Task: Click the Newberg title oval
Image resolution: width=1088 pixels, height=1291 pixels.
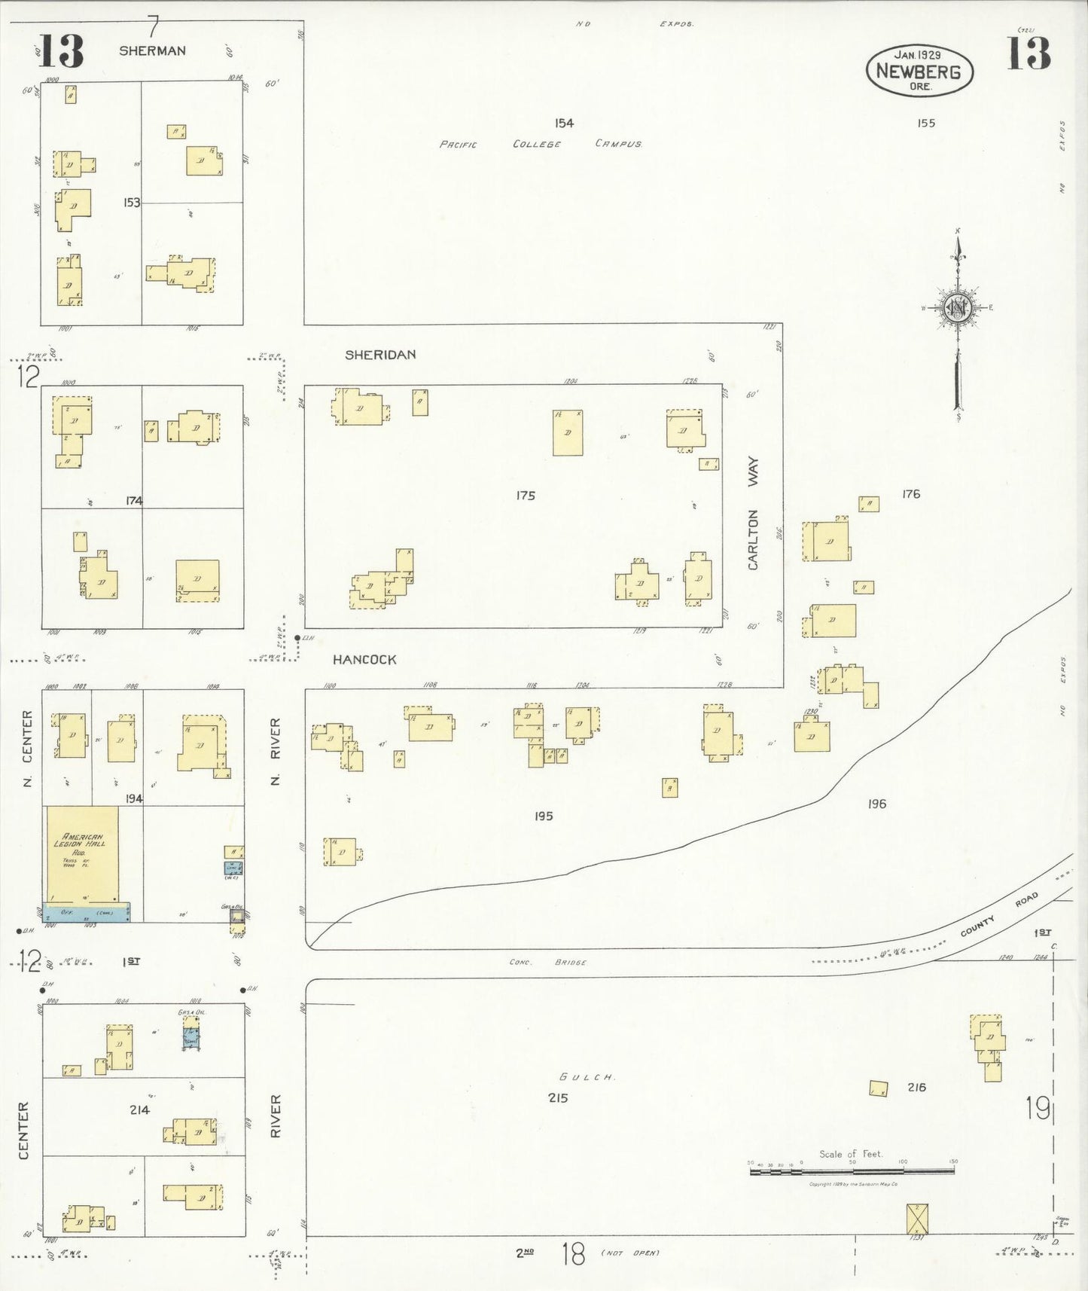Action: pyautogui.click(x=919, y=71)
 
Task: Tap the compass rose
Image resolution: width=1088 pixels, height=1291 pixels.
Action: pyautogui.click(x=958, y=308)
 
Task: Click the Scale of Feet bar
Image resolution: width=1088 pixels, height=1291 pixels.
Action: pyautogui.click(x=852, y=1171)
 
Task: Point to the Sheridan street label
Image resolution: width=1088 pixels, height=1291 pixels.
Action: pyautogui.click(x=380, y=355)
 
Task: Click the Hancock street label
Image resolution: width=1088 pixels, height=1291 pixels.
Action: pyautogui.click(x=364, y=660)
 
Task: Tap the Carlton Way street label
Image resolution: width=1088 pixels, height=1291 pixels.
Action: pyautogui.click(x=753, y=513)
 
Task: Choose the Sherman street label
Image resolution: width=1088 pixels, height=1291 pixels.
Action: pyautogui.click(x=152, y=50)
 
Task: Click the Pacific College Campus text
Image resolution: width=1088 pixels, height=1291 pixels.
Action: pyautogui.click(x=540, y=144)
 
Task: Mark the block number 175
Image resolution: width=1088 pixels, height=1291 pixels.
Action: pyautogui.click(x=526, y=496)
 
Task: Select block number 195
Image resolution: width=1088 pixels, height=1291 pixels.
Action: pyautogui.click(x=544, y=816)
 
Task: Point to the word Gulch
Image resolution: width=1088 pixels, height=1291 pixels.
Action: pyautogui.click(x=587, y=1077)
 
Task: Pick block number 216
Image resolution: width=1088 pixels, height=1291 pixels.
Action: pyautogui.click(x=916, y=1087)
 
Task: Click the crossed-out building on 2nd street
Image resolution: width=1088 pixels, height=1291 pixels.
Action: pyautogui.click(x=916, y=1219)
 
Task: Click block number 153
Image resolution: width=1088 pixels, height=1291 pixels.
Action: pyautogui.click(x=132, y=203)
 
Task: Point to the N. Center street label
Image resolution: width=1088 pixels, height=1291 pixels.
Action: pyautogui.click(x=28, y=749)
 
